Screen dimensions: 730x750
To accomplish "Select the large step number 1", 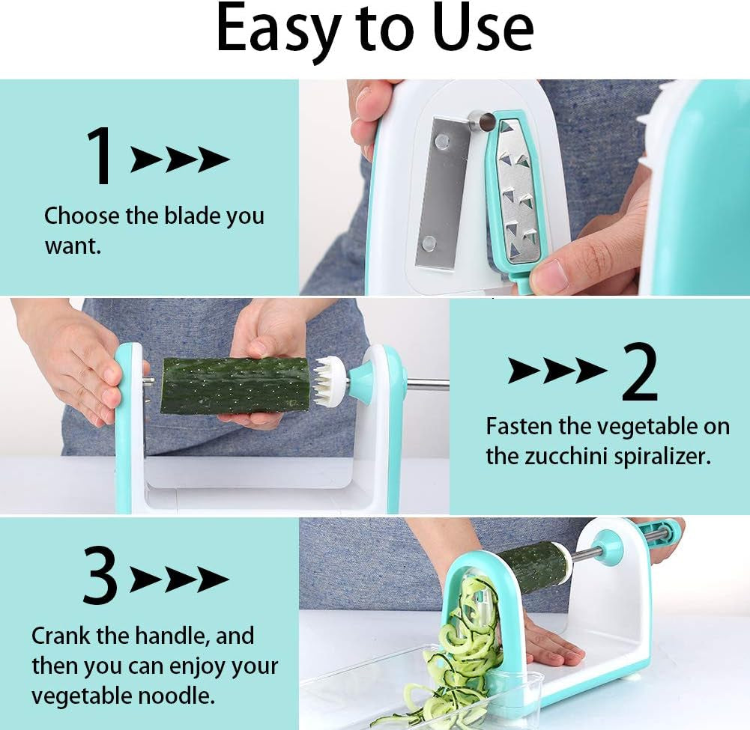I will [100, 157].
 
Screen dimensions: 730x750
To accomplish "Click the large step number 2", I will [639, 372].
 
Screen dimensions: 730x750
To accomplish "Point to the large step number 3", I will [100, 577].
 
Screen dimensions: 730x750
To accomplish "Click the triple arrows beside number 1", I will [180, 159].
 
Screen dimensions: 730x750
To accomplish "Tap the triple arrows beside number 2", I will [557, 371].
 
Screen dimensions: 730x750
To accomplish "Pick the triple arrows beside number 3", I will [180, 579].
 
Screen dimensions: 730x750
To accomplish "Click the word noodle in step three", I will [175, 696].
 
